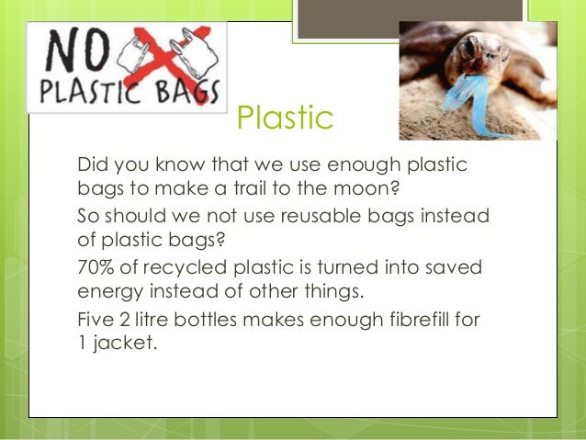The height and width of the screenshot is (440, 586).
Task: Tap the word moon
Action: click(371, 190)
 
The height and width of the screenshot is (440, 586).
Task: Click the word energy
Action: click(107, 293)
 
